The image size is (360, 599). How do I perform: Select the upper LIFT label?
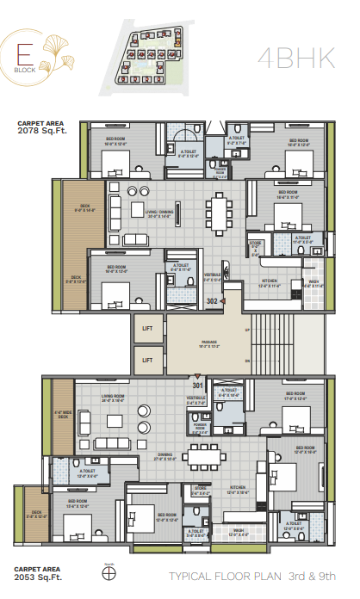(147, 328)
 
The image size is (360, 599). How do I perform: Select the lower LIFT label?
(147, 360)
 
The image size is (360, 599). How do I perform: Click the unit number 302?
(212, 301)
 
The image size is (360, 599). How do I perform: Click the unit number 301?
(197, 384)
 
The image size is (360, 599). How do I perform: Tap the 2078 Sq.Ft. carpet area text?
(40, 132)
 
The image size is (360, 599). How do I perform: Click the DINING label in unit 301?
(164, 457)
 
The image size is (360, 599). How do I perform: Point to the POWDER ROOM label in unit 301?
(201, 424)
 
